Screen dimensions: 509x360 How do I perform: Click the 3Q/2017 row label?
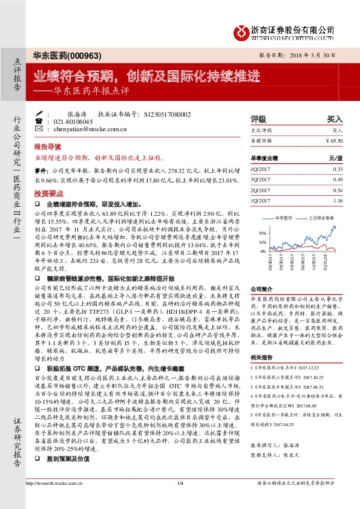[261, 180]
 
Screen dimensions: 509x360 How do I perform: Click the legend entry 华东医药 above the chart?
[284, 217]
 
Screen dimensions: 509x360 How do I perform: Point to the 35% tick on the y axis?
[262, 232]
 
